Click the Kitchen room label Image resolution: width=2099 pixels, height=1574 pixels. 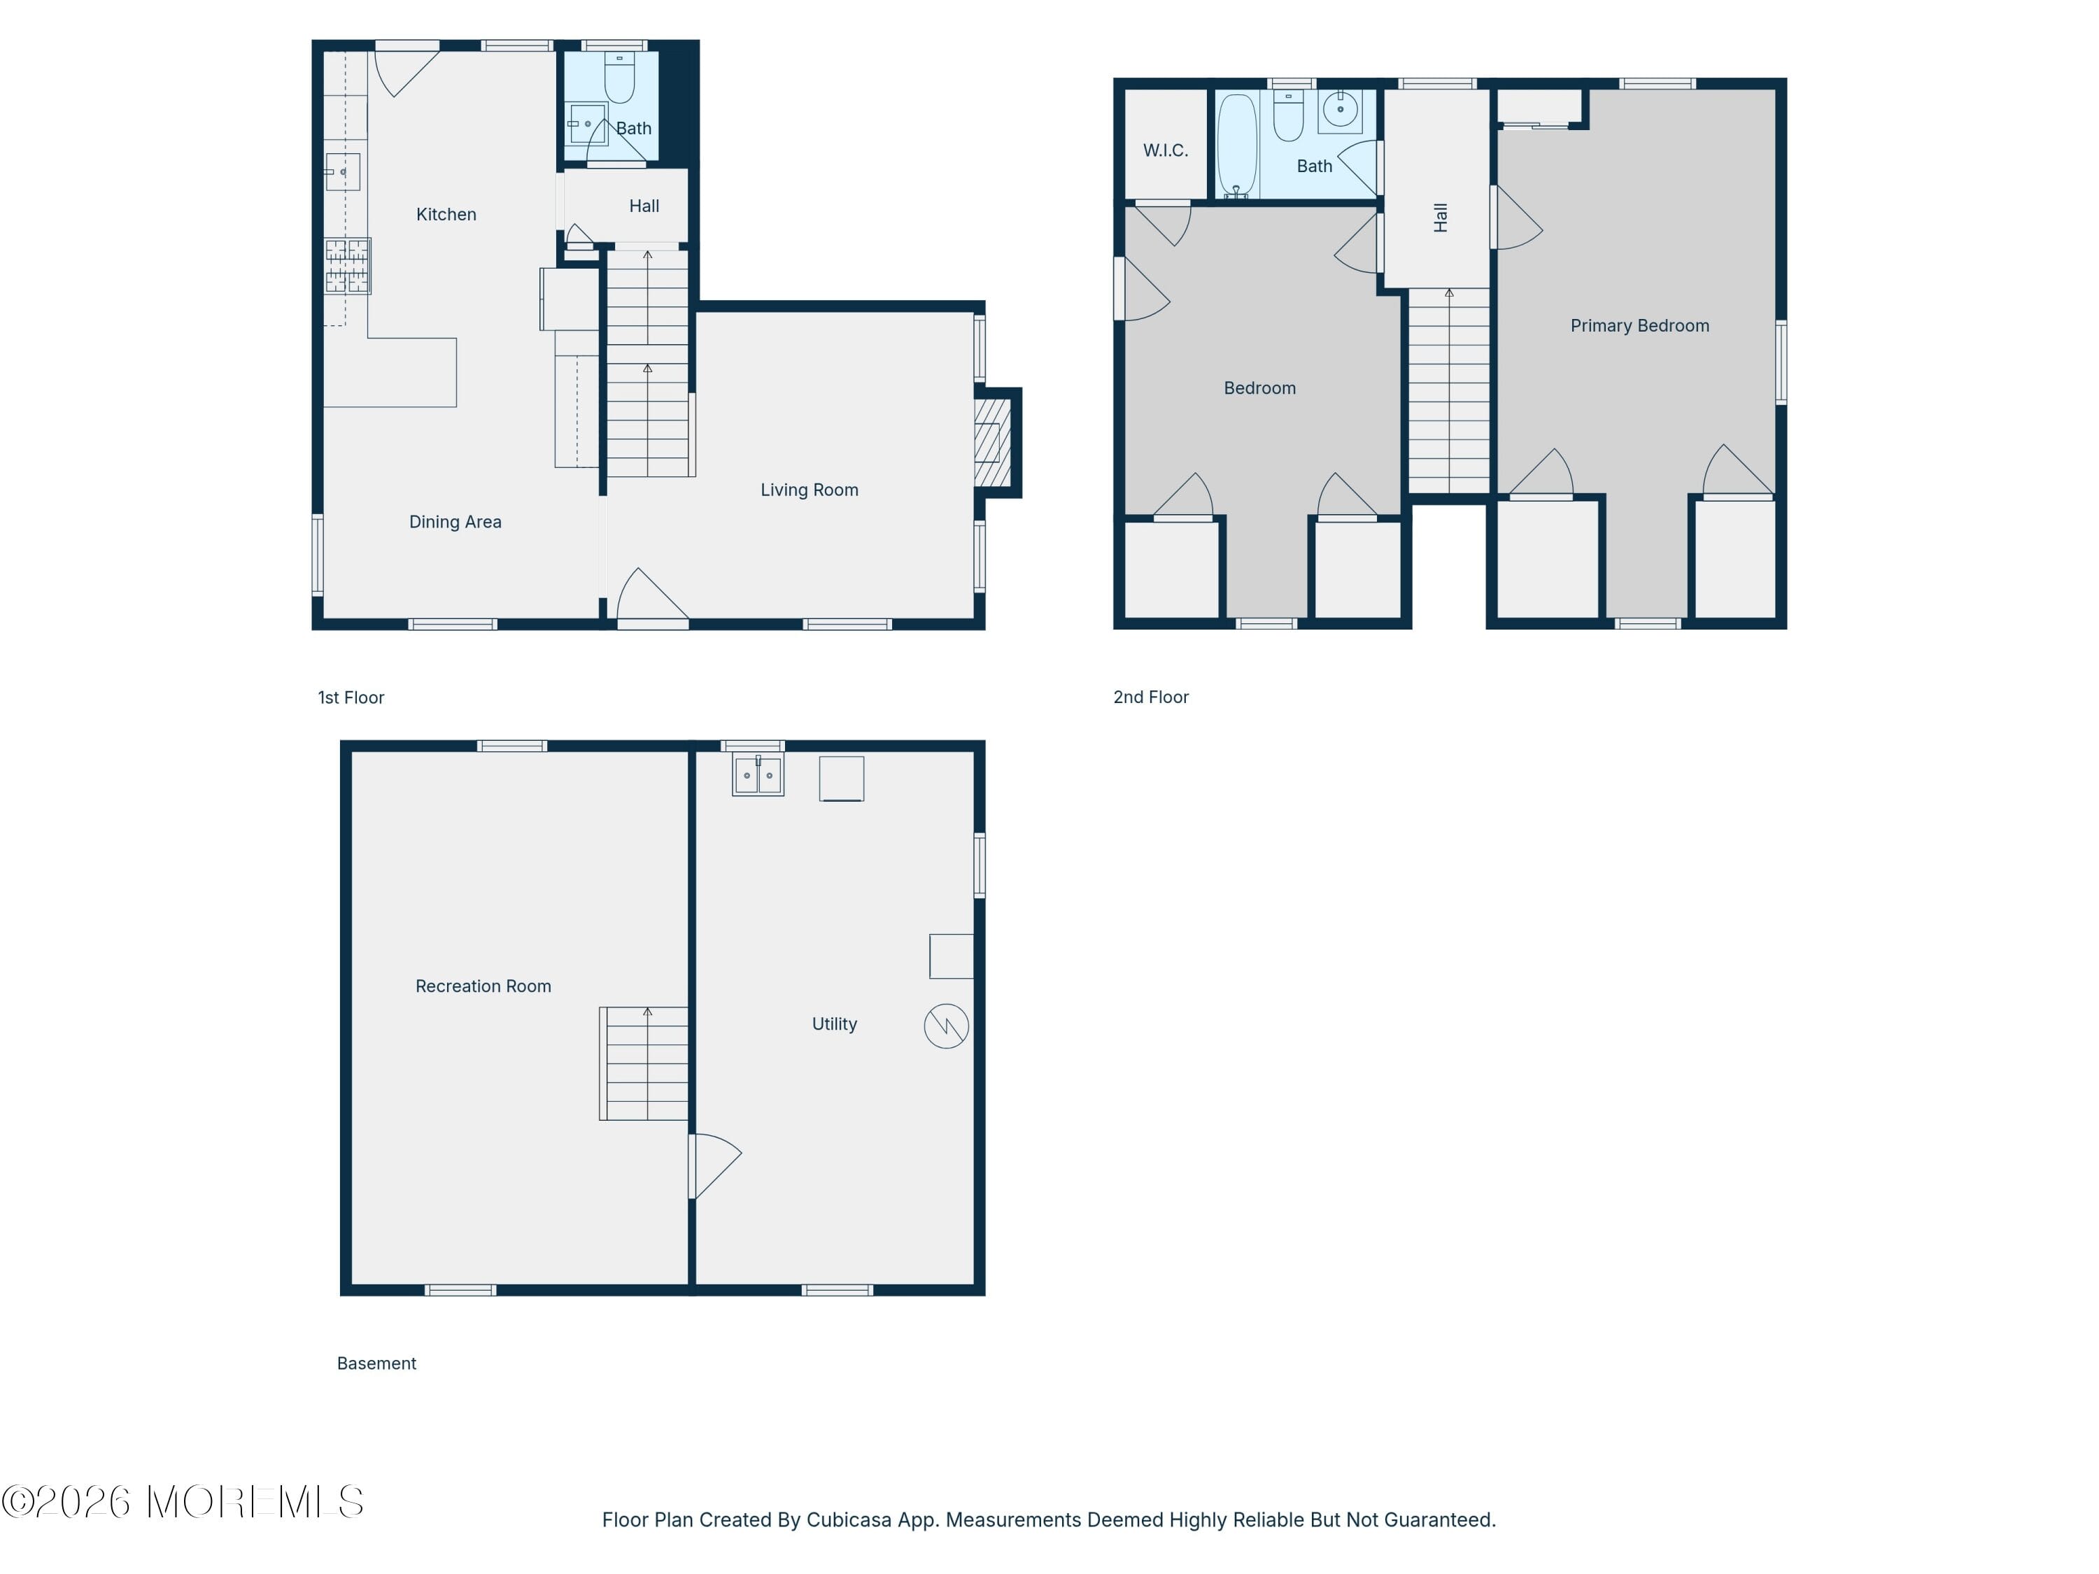coord(446,215)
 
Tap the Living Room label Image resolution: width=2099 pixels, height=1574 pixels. coord(810,490)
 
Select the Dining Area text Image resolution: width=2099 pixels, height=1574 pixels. coord(455,522)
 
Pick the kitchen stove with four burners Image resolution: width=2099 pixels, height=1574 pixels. coord(347,266)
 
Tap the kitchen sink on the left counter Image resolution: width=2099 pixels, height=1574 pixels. coord(343,171)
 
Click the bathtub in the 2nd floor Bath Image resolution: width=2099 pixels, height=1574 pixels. coord(1238,146)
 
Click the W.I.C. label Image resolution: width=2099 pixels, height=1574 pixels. coord(1165,150)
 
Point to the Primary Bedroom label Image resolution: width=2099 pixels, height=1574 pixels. coord(1640,325)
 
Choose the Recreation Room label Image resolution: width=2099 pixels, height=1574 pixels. coord(483,986)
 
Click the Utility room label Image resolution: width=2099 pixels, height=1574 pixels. coord(834,1023)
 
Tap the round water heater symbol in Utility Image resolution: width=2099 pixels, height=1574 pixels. coord(946,1026)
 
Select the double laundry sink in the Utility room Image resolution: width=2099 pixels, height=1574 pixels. coord(758,775)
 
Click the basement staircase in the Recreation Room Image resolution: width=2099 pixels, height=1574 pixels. coord(644,1063)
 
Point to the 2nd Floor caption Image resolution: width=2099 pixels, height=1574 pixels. coord(1151,697)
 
